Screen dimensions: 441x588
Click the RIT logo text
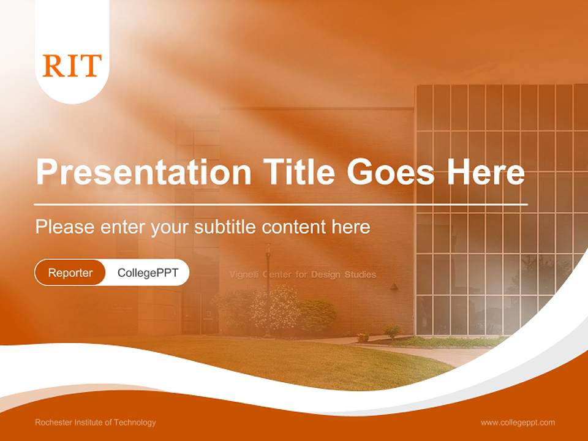coord(72,66)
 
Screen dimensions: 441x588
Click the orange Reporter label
coord(70,273)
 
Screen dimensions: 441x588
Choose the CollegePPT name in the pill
coord(148,273)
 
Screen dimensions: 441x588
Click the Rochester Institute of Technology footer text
coord(96,422)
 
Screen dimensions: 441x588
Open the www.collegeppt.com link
coord(518,422)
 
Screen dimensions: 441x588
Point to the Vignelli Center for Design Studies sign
coord(303,274)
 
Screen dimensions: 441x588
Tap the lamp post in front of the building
coord(268,288)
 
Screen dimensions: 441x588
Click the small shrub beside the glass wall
coord(392,331)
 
